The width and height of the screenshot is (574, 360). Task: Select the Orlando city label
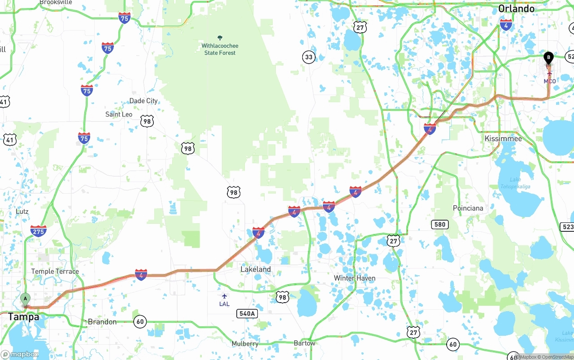click(x=516, y=9)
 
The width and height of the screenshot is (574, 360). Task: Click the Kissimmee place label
click(x=503, y=139)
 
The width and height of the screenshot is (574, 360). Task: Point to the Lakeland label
click(x=256, y=269)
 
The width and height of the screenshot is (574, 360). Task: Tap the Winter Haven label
click(x=354, y=278)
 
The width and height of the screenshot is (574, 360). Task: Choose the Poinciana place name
click(x=468, y=208)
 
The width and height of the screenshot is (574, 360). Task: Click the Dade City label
click(x=143, y=101)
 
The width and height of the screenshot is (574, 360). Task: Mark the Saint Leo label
click(x=119, y=114)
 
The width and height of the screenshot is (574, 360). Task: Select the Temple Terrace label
click(x=55, y=271)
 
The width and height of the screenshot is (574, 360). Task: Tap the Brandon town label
click(x=102, y=321)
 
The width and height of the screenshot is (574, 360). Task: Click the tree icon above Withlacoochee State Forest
click(x=220, y=38)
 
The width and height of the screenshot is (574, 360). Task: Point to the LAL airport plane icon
click(x=224, y=296)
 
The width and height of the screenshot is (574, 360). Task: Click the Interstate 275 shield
click(x=38, y=231)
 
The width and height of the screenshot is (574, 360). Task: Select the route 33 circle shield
click(x=309, y=57)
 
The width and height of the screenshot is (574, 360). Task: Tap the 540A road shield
click(x=247, y=314)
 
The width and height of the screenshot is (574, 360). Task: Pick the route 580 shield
click(x=440, y=224)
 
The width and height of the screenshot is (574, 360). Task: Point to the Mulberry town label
click(x=245, y=343)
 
